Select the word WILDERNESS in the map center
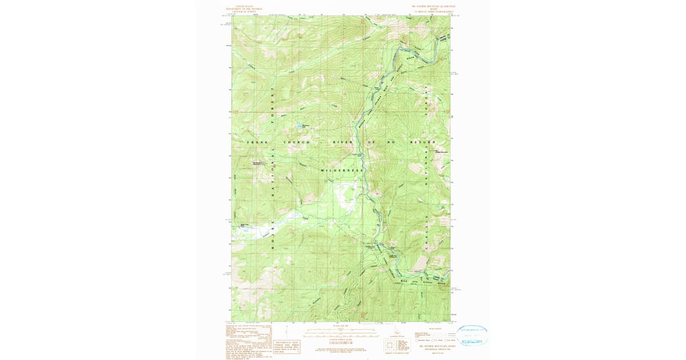[x=341, y=170]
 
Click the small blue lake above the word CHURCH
[x=300, y=126]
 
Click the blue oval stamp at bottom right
[x=472, y=335]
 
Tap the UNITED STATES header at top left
[x=243, y=7]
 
